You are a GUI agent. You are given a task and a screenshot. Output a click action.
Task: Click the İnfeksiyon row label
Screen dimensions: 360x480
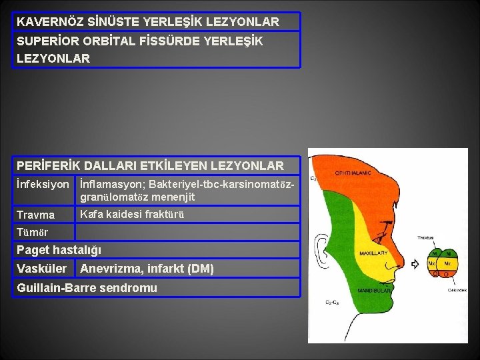coord(43,183)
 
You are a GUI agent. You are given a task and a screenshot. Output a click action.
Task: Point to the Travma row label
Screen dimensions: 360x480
coord(36,215)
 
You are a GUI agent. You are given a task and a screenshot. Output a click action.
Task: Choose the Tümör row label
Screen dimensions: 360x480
coord(33,231)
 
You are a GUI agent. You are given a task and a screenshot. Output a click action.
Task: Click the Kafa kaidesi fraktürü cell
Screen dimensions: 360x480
coord(131,215)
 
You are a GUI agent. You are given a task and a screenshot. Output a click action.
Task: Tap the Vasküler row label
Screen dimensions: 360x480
coord(41,269)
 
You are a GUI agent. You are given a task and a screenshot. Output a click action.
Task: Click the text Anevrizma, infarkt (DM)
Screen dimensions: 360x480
coord(147,269)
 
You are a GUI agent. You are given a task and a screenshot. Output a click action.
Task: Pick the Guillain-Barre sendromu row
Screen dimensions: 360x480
coord(87,288)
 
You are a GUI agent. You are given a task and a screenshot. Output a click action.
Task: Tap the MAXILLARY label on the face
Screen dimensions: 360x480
coord(374,253)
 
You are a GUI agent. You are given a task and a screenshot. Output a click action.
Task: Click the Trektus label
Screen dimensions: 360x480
coord(426,238)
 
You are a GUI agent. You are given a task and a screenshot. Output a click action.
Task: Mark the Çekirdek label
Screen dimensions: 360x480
coord(456,290)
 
